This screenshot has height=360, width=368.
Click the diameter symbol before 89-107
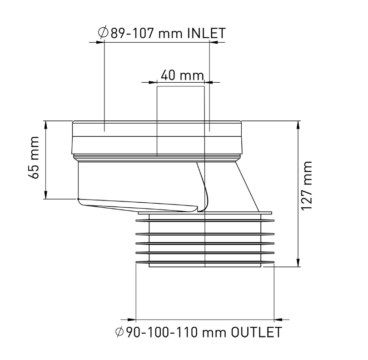point(103,34)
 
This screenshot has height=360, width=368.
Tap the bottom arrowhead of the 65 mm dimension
point(46,195)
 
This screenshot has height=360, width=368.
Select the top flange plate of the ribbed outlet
point(204,212)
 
